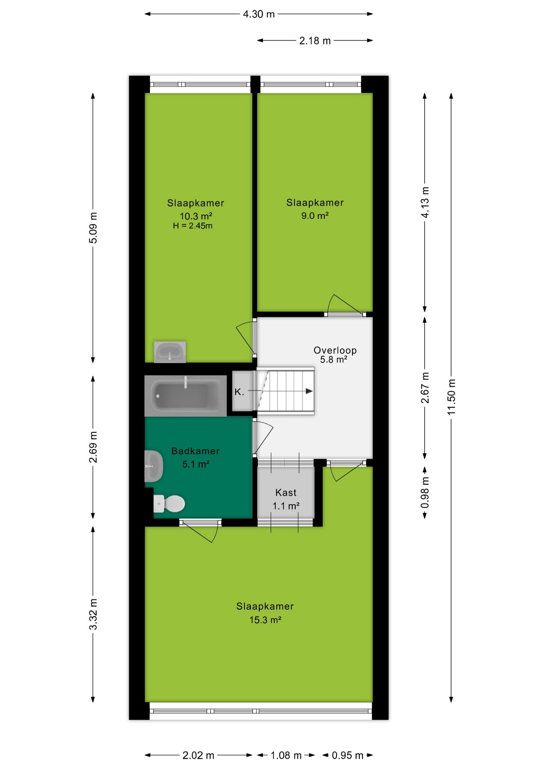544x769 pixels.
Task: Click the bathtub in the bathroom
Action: coord(185,396)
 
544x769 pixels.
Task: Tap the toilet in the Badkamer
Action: coord(169,503)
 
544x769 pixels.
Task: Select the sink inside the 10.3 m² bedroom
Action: coord(170,352)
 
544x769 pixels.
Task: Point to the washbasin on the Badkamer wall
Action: coord(153,466)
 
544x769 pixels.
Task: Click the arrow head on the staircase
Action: coord(309,391)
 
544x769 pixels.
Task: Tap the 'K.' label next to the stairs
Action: coord(239,392)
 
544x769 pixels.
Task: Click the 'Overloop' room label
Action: coord(335,350)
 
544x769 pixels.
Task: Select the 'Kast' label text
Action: coord(286,493)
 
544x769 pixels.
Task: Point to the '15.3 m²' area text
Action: coord(265,620)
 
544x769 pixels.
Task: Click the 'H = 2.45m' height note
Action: coord(193,226)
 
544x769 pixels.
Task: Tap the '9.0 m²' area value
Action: coord(315,216)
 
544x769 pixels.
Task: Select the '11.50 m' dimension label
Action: coord(451,397)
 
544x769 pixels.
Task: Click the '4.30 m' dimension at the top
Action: coord(259,14)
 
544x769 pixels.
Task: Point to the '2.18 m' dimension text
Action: coord(315,41)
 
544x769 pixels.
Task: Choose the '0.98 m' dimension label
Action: coord(425,492)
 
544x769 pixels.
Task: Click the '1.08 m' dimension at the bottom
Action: coord(286,755)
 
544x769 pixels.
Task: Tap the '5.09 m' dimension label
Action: coord(93,228)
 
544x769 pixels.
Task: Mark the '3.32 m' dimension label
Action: coord(93,614)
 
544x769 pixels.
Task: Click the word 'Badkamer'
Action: coord(195,451)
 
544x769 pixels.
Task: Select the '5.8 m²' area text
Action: coord(334,360)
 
